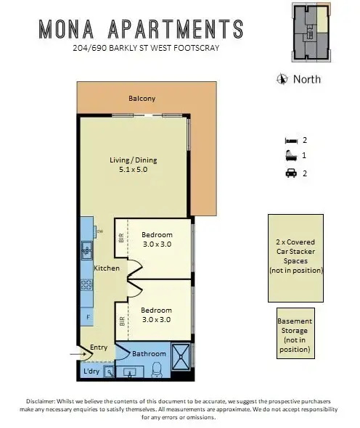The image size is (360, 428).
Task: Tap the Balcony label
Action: pyautogui.click(x=142, y=99)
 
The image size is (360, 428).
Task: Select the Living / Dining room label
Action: pyautogui.click(x=132, y=160)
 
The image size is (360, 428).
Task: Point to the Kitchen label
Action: pyautogui.click(x=106, y=268)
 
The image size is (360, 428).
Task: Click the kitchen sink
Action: pyautogui.click(x=86, y=252)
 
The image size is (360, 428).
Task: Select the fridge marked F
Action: pyautogui.click(x=87, y=317)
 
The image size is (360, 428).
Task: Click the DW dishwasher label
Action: pyautogui.click(x=99, y=232)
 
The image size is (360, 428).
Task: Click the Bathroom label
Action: pyautogui.click(x=149, y=353)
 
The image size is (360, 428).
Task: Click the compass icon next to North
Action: pyautogui.click(x=282, y=79)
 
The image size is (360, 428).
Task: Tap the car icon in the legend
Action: pyautogui.click(x=290, y=173)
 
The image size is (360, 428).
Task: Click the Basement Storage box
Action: pyautogui.click(x=295, y=334)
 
